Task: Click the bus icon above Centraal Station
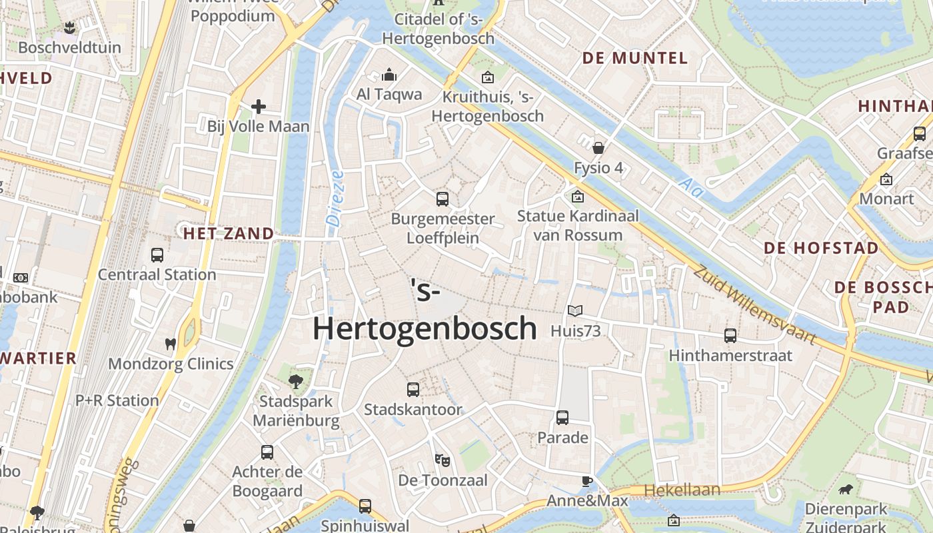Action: click(157, 255)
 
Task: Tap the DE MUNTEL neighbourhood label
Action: click(634, 58)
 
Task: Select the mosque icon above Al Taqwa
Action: click(389, 74)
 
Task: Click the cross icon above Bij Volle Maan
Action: click(259, 106)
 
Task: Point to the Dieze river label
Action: click(335, 197)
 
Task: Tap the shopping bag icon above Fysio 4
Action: click(598, 147)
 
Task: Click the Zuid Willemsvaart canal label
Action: click(754, 306)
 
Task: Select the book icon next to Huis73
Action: click(575, 310)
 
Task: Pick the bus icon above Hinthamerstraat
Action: click(730, 335)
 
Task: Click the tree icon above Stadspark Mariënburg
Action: click(295, 382)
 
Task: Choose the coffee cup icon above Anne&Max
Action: click(586, 481)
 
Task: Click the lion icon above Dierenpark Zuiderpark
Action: click(846, 490)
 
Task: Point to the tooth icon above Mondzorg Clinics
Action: click(171, 344)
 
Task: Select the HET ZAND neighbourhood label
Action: click(229, 234)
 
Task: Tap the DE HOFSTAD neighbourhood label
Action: click(821, 248)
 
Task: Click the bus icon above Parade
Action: click(562, 418)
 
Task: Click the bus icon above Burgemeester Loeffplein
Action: click(443, 199)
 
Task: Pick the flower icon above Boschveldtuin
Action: click(69, 28)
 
